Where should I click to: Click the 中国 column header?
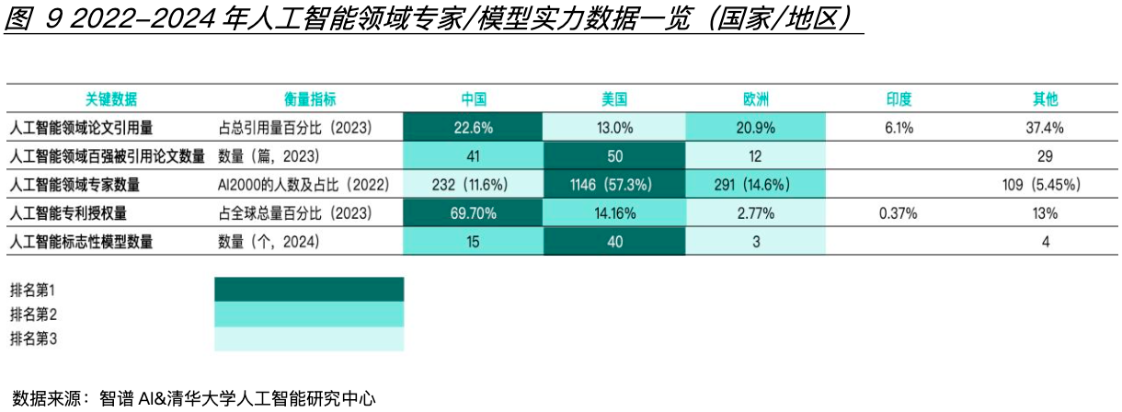474,99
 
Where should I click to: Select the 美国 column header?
614,99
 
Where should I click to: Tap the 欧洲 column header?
756,99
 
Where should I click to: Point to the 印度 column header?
899,99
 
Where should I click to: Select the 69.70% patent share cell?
474,213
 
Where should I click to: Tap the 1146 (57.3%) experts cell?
614,185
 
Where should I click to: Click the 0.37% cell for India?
899,213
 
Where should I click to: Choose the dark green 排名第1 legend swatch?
309,290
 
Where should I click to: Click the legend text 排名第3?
33,338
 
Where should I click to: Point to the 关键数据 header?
111,99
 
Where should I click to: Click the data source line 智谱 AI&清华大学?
237,398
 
